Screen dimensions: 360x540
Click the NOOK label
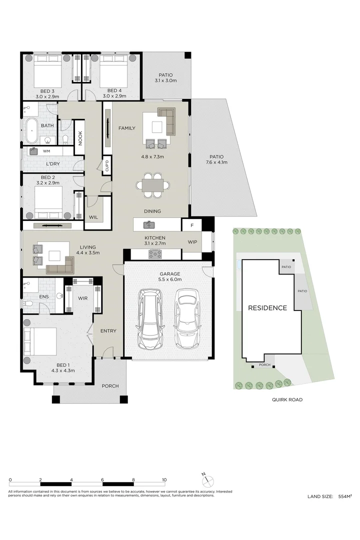pyautogui.click(x=80, y=138)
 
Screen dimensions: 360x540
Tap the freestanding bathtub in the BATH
pyautogui.click(x=31, y=130)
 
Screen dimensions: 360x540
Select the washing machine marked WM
pyautogui.click(x=34, y=151)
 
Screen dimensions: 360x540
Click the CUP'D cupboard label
pyautogui.click(x=107, y=165)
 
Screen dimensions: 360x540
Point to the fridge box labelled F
pyautogui.click(x=192, y=225)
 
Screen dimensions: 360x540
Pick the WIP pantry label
pyautogui.click(x=192, y=242)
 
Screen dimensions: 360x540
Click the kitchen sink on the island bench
pyautogui.click(x=149, y=225)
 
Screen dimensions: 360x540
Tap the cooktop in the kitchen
pyautogui.click(x=155, y=254)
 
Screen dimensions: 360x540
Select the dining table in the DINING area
pyautogui.click(x=153, y=185)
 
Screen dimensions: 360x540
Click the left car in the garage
pyautogui.click(x=150, y=318)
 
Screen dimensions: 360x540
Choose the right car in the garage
pyautogui.click(x=187, y=318)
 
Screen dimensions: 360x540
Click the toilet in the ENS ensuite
pyautogui.click(x=27, y=303)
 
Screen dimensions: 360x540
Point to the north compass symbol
pyautogui.click(x=207, y=480)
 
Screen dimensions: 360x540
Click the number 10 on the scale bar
pyautogui.click(x=164, y=479)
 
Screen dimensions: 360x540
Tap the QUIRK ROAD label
pyautogui.click(x=287, y=399)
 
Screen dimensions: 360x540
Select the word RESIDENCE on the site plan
pyautogui.click(x=267, y=308)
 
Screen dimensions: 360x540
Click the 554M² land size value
pyautogui.click(x=345, y=496)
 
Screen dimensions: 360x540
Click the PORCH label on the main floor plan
pyautogui.click(x=110, y=386)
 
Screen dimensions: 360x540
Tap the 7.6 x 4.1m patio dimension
pyautogui.click(x=216, y=162)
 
